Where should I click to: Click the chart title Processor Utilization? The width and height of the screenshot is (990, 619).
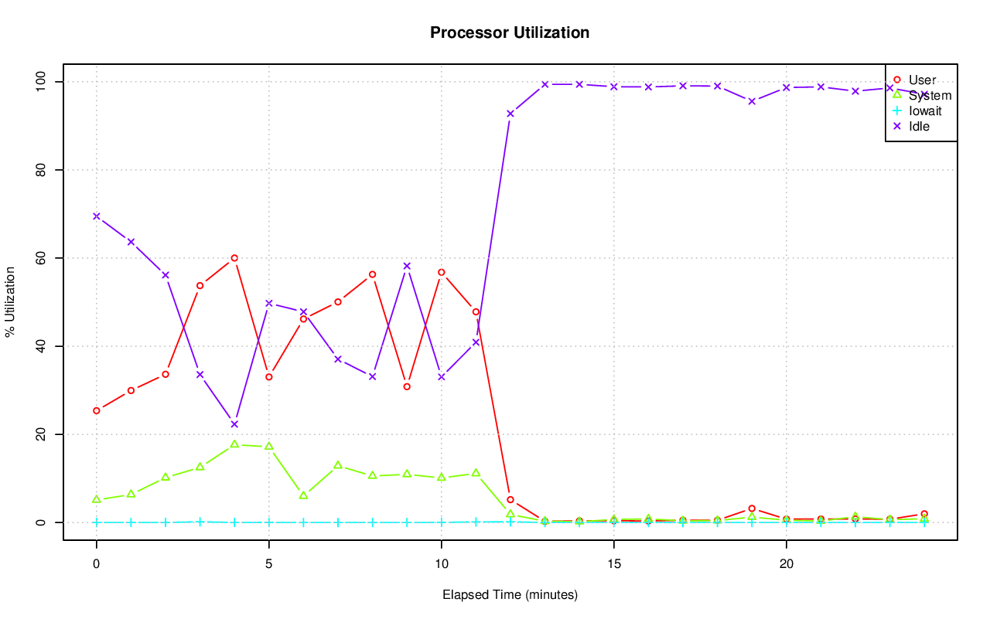click(510, 32)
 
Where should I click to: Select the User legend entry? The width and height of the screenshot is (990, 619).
click(922, 80)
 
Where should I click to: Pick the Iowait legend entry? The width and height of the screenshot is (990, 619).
click(925, 111)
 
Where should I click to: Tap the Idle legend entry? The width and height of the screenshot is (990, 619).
click(919, 126)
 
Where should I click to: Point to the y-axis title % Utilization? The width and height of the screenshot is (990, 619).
click(10, 301)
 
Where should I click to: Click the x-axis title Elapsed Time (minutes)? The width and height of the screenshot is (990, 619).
click(510, 595)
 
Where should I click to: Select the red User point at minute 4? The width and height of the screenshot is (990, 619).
click(234, 258)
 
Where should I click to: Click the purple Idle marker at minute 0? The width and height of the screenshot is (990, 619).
click(97, 216)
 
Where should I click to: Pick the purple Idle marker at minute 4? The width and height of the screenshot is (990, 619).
click(234, 424)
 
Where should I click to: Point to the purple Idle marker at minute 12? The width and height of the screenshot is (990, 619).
click(510, 114)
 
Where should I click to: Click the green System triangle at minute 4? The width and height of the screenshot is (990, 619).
click(234, 444)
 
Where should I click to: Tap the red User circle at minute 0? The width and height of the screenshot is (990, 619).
click(97, 410)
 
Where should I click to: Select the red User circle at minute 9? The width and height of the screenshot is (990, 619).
click(407, 386)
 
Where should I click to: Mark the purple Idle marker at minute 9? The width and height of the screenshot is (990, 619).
click(407, 266)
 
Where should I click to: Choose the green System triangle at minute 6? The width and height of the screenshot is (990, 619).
click(303, 495)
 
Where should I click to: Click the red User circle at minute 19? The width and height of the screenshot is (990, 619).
click(752, 508)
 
